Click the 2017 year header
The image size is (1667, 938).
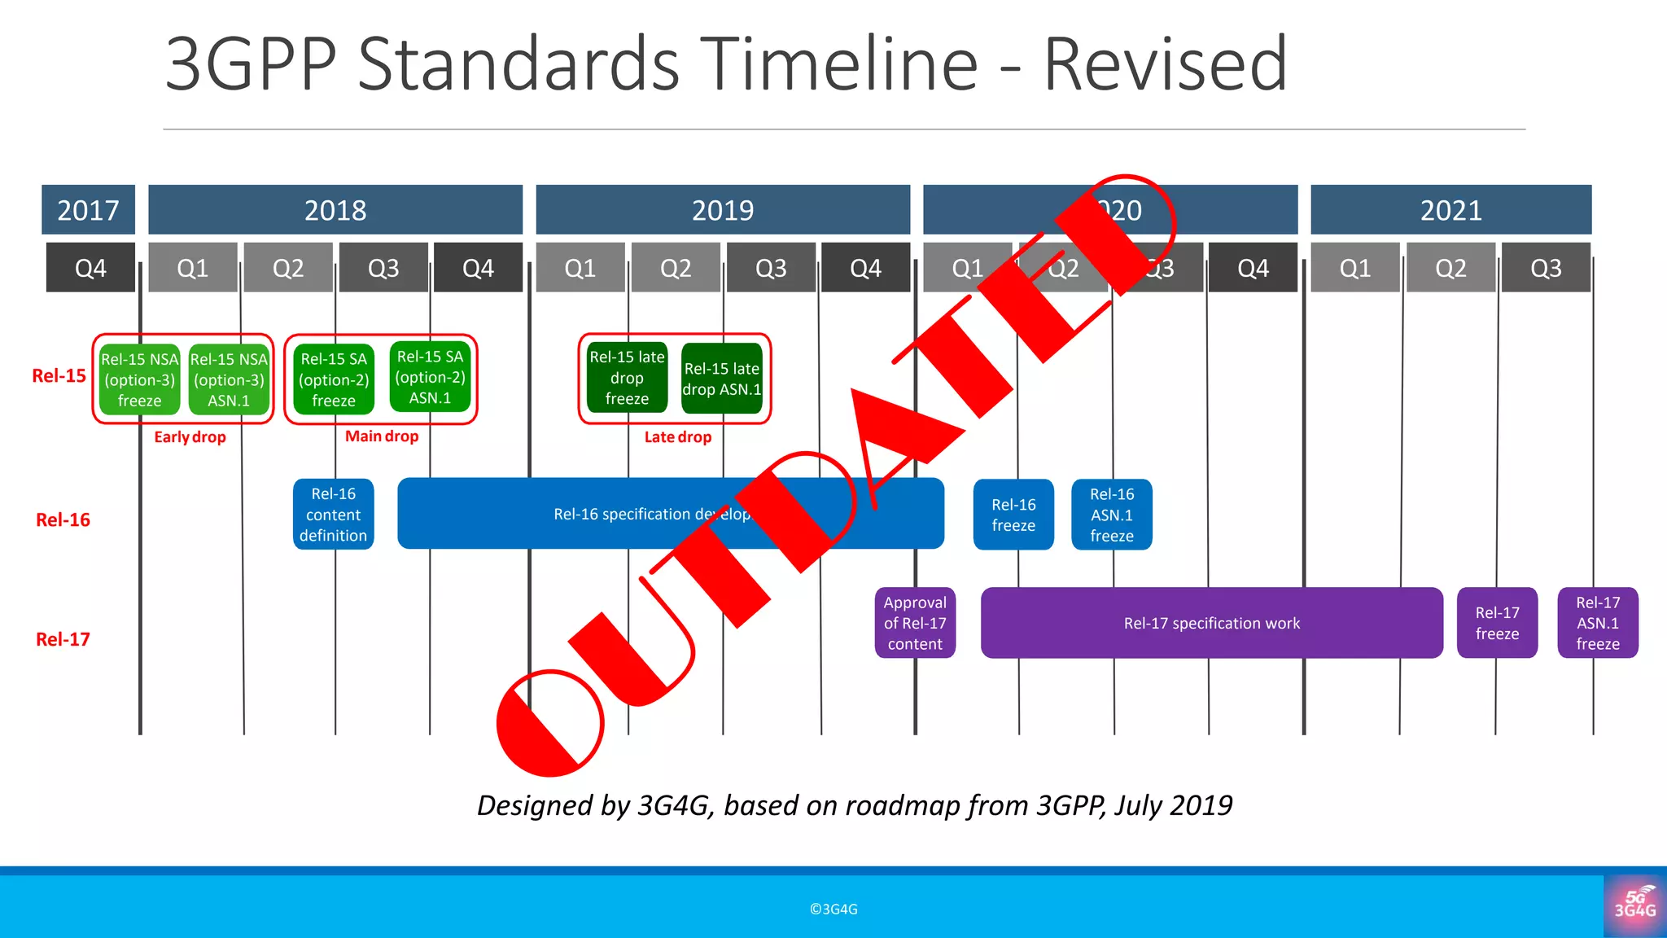click(x=88, y=210)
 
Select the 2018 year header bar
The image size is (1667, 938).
click(x=335, y=210)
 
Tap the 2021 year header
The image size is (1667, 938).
click(x=1450, y=210)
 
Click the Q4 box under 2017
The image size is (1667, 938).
click(x=90, y=268)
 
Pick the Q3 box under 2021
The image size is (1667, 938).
click(x=1545, y=268)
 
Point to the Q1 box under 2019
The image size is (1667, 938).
click(x=580, y=268)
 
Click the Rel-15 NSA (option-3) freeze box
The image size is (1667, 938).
click(x=139, y=379)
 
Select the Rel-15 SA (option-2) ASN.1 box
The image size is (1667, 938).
click(x=430, y=377)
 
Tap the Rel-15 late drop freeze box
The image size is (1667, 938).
click(x=627, y=378)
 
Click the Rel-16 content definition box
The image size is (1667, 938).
click(x=333, y=515)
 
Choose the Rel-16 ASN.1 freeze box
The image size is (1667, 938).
click(x=1111, y=515)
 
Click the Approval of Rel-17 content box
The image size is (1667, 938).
click(x=915, y=623)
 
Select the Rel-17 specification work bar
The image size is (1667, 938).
click(x=1211, y=623)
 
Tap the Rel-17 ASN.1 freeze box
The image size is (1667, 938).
click(x=1597, y=623)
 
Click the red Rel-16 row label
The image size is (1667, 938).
click(x=63, y=519)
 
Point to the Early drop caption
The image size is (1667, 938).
click(x=190, y=437)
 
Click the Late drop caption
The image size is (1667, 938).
click(x=677, y=437)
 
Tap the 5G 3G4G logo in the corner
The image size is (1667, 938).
click(x=1634, y=905)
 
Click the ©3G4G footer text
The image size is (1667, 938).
click(x=833, y=909)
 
